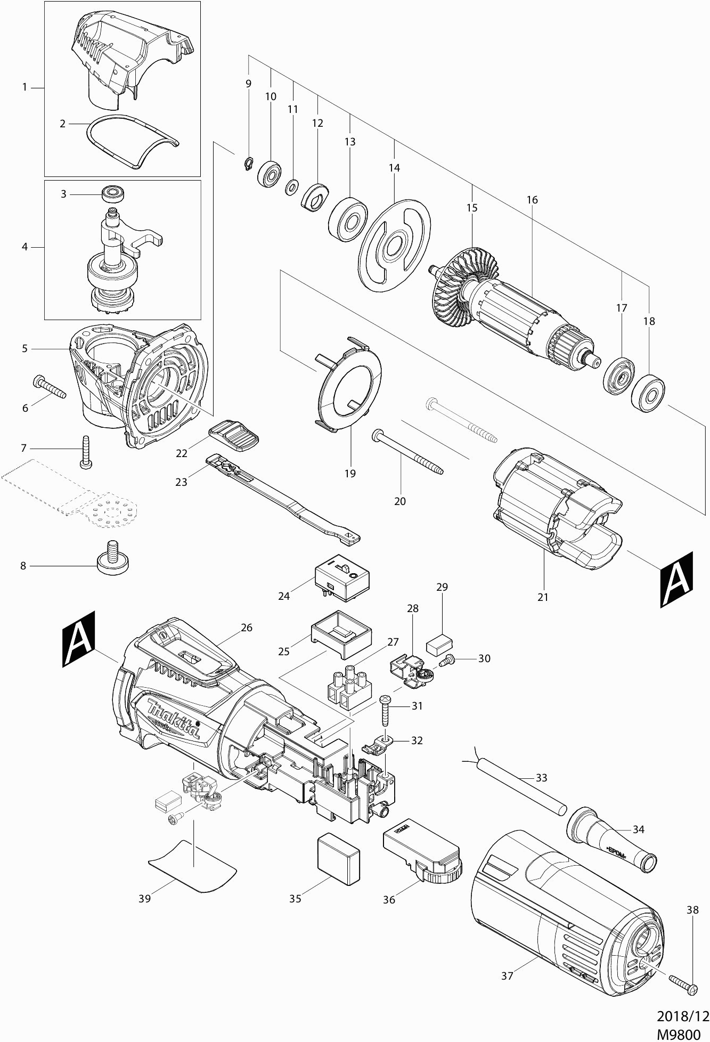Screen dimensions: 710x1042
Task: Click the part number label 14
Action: pyautogui.click(x=394, y=168)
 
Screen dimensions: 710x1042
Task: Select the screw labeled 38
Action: pyautogui.click(x=684, y=984)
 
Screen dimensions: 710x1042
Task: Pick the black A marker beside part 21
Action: pyautogui.click(x=676, y=579)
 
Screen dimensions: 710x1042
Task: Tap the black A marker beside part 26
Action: pyautogui.click(x=79, y=638)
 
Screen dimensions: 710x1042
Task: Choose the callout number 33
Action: pyautogui.click(x=542, y=778)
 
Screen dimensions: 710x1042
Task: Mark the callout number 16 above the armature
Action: pyautogui.click(x=532, y=200)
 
